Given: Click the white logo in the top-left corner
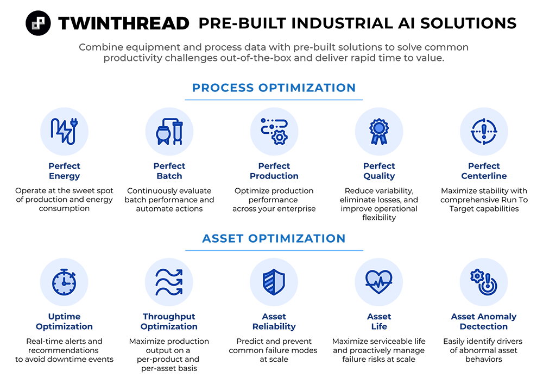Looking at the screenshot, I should click(38, 23).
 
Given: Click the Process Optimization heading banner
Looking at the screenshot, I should click(274, 88).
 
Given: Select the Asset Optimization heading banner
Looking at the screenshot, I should click(274, 239).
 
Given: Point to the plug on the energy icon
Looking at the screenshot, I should click(72, 125).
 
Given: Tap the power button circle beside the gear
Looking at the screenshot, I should click(487, 285).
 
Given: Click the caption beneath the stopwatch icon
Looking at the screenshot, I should click(64, 320).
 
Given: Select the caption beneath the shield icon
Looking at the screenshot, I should click(274, 320).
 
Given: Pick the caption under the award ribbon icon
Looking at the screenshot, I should click(379, 170).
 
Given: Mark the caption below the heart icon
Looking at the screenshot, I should click(379, 318).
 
